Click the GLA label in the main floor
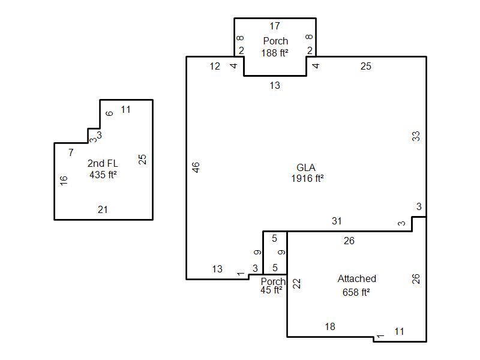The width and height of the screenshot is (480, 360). pos(306,167)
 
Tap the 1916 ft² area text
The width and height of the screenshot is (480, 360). pos(307,178)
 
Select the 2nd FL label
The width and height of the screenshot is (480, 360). pos(103,163)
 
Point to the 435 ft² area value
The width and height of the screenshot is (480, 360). pos(103,175)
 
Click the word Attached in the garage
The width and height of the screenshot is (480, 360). pos(357,278)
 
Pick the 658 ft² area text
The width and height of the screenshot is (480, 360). pos(356,292)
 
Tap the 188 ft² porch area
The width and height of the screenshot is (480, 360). pos(275,53)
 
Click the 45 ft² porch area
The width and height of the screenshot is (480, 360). pos(271,290)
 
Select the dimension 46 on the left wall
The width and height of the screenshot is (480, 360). pos(196,167)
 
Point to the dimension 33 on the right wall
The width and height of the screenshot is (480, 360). pos(416,136)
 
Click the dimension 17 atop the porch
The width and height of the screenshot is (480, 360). pos(275,26)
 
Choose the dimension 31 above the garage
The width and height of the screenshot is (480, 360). pos(337,221)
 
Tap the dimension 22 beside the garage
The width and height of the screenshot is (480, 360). pos(297,284)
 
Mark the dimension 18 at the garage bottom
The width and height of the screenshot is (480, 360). pos(330,326)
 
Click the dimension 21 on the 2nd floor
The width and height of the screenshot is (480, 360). pos(103,209)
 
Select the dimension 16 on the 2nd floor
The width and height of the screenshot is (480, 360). pos(64,181)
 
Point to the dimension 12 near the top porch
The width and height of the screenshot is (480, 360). pos(215,66)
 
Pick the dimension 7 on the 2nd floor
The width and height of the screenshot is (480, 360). pos(71,152)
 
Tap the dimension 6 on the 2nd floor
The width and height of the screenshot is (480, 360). pos(109,113)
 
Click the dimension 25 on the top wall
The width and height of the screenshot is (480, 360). pos(366,66)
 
